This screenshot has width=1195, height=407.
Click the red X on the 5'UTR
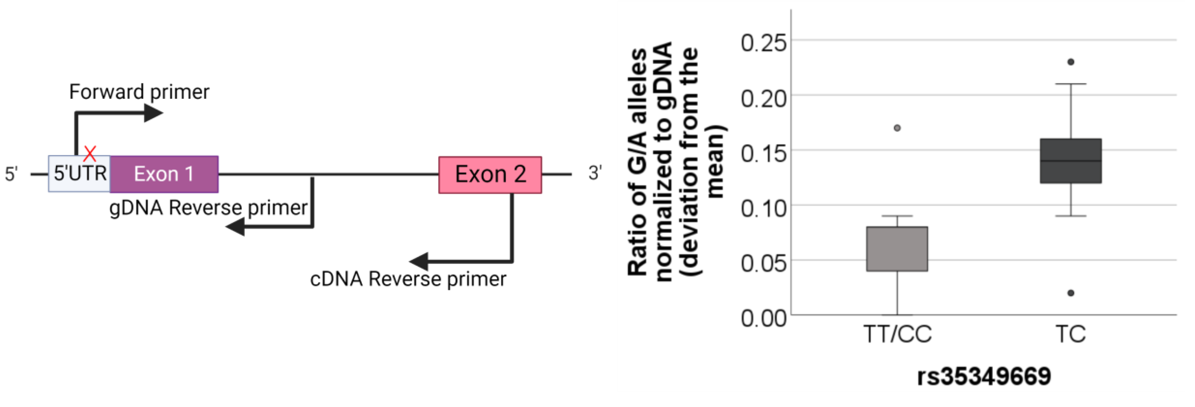click(x=90, y=153)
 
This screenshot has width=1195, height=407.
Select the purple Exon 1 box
click(x=164, y=174)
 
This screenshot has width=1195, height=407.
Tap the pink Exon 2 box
click(x=490, y=175)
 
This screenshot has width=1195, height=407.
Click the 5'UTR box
click(x=79, y=174)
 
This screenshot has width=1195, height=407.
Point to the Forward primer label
click(x=139, y=92)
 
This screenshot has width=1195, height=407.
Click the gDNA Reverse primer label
click(x=208, y=208)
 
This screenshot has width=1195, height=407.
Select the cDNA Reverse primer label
click(x=408, y=279)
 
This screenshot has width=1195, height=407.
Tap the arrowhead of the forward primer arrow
click(x=153, y=113)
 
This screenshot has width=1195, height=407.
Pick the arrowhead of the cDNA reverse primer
click(x=419, y=262)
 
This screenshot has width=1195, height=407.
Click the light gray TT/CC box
click(x=897, y=249)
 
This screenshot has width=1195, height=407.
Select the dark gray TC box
click(x=1071, y=161)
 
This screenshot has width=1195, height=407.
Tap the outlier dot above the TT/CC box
click(x=897, y=128)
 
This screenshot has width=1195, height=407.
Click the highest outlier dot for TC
click(x=1071, y=62)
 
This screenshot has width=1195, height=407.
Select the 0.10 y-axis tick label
click(x=763, y=208)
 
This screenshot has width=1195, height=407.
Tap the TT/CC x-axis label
click(x=897, y=334)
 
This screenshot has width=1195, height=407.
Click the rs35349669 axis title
click(x=984, y=376)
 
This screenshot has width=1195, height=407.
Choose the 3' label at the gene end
click(x=595, y=173)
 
